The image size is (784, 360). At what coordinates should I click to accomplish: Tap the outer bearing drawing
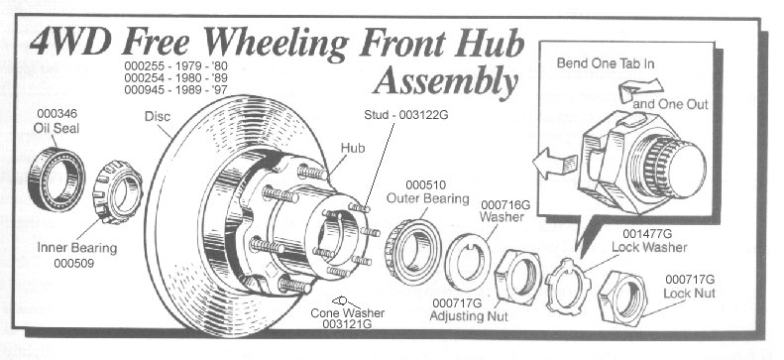point(395,250)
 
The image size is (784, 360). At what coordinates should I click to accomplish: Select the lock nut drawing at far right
point(608,299)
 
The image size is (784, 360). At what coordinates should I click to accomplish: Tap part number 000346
point(57,113)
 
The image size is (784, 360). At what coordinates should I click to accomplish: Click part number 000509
point(74,263)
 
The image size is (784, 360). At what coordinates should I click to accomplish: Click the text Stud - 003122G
point(406,115)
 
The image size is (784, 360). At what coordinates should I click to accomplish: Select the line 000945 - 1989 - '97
point(175,90)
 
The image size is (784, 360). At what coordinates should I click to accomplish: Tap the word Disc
point(158,116)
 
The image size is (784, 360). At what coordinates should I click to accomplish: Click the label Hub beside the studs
point(353,148)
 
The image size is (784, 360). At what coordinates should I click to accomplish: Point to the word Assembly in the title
point(445,81)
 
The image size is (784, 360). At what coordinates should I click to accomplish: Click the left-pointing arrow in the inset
point(555,163)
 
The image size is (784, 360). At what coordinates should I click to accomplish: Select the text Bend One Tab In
point(606,63)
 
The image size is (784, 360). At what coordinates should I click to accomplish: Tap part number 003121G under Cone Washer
point(347,324)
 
